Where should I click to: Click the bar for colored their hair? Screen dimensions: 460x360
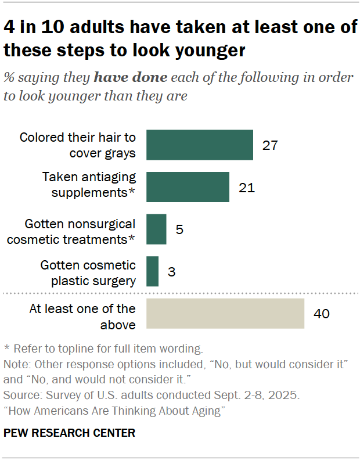click(199, 145)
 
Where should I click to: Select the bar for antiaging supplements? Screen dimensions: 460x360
click(188, 187)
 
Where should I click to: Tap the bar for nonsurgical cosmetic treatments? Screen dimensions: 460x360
click(156, 229)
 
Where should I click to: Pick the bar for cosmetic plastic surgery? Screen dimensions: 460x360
click(152, 271)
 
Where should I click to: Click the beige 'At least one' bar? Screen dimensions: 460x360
click(225, 314)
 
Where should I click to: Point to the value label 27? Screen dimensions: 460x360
click(270, 145)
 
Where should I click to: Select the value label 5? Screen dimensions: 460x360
click(179, 229)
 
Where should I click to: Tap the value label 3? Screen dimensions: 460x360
click(171, 271)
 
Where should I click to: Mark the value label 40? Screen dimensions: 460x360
click(321, 314)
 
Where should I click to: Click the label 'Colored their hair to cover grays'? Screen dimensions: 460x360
click(77, 145)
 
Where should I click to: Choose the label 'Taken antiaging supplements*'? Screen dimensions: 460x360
click(89, 184)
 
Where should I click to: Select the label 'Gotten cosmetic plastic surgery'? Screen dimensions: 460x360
click(88, 272)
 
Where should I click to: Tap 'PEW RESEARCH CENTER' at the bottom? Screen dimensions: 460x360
click(69, 433)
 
